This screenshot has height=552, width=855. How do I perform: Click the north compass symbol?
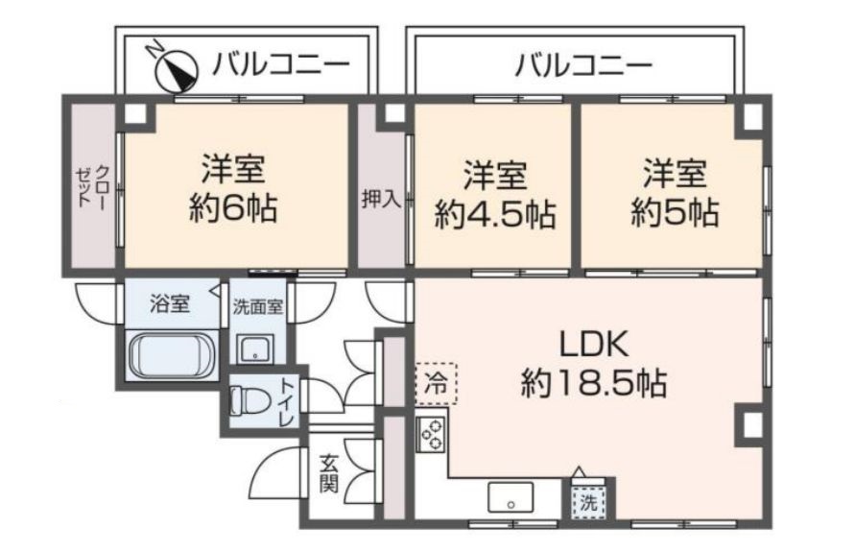click(x=175, y=66)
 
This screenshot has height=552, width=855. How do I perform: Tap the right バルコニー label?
click(x=583, y=66)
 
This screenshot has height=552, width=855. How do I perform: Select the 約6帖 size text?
click(x=233, y=208)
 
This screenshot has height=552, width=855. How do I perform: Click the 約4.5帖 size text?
click(x=494, y=213)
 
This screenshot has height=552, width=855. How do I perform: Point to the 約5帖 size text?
click(x=675, y=211)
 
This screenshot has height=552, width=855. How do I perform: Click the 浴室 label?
click(x=169, y=305)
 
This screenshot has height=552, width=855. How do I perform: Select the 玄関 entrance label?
click(x=328, y=471)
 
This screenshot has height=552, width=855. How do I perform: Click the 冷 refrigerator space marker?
click(x=437, y=383)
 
